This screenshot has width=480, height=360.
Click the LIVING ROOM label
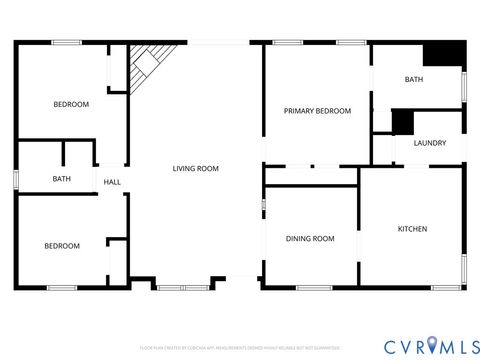point(195,169)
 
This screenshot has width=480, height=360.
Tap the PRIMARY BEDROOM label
point(317,111)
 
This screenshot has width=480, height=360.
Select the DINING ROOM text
point(310,239)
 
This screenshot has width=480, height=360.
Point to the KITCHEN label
point(413,229)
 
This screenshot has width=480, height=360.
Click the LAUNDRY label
point(429,143)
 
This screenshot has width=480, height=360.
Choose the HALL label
point(113,182)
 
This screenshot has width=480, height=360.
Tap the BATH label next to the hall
point(61,179)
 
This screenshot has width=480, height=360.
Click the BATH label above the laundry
point(413,79)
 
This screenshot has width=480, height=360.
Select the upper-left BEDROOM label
point(71,104)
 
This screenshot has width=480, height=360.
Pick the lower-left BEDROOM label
point(61,246)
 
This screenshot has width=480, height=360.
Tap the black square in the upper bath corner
point(446,53)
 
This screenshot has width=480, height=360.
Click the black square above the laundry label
point(403,121)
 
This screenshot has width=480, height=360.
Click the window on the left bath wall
point(16,179)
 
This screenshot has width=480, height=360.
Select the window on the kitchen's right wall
point(464,269)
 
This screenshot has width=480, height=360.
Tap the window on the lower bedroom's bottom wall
point(62,288)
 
